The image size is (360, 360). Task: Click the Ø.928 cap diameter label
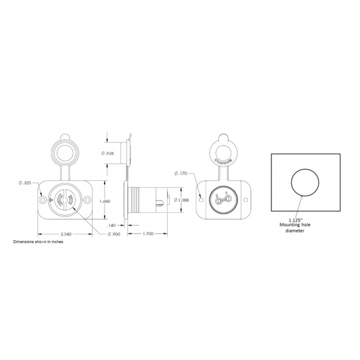point(107,153)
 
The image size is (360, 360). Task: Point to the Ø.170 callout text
point(180,173)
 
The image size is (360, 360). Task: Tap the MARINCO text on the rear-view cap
point(223,161)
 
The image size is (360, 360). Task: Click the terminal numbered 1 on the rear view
point(226,199)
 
